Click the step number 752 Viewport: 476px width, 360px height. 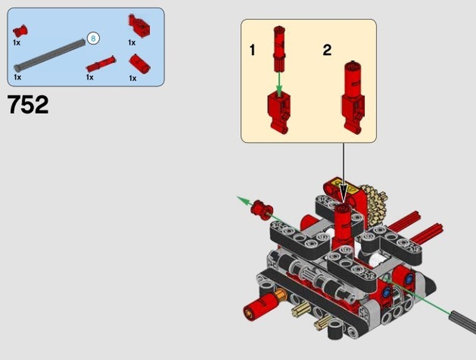(27, 104)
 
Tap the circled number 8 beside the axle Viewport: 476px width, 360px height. (93, 38)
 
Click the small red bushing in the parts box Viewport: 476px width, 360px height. (20, 31)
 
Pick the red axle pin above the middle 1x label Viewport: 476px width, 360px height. (101, 64)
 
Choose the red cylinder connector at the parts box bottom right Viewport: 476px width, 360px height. (139, 64)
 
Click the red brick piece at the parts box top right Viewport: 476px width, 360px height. (139, 26)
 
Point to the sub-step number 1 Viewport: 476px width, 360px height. (252, 50)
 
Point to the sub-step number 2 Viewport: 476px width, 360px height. (327, 50)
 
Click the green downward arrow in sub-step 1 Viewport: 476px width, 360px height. (279, 84)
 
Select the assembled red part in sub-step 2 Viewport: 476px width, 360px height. (353, 97)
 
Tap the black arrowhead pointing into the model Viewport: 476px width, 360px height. (343, 192)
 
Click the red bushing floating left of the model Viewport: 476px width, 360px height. (262, 209)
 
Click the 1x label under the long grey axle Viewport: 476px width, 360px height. (17, 77)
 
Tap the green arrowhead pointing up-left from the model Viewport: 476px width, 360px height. (243, 200)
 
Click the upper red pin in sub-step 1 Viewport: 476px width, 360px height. (279, 49)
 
